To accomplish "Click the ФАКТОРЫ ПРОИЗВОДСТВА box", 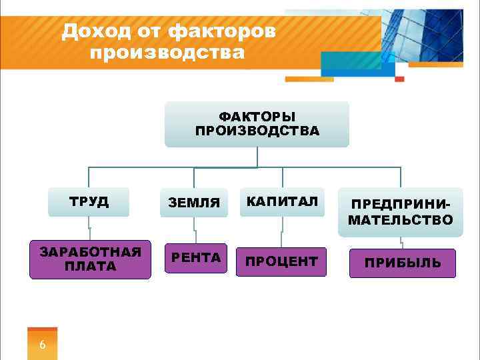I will (257, 124).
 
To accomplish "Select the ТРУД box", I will (89, 202).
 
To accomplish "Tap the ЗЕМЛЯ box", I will (193, 203).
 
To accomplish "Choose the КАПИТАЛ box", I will (283, 202).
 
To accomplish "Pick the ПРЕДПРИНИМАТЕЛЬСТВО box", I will (400, 212).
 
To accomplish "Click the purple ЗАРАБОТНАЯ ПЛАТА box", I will (90, 259).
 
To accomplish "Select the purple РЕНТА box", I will (196, 258).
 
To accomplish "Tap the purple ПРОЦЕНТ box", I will (281, 262).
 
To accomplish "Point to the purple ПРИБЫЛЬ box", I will (402, 263).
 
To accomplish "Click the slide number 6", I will (43, 345).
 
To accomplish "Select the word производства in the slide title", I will (167, 52).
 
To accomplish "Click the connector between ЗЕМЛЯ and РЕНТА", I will (194, 231).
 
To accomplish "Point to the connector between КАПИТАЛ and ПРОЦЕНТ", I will (283, 232).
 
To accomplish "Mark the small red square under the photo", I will (399, 79).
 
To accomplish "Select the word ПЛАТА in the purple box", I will (90, 267).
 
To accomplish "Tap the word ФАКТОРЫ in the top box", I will (257, 117).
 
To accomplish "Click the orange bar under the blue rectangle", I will (309, 79).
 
